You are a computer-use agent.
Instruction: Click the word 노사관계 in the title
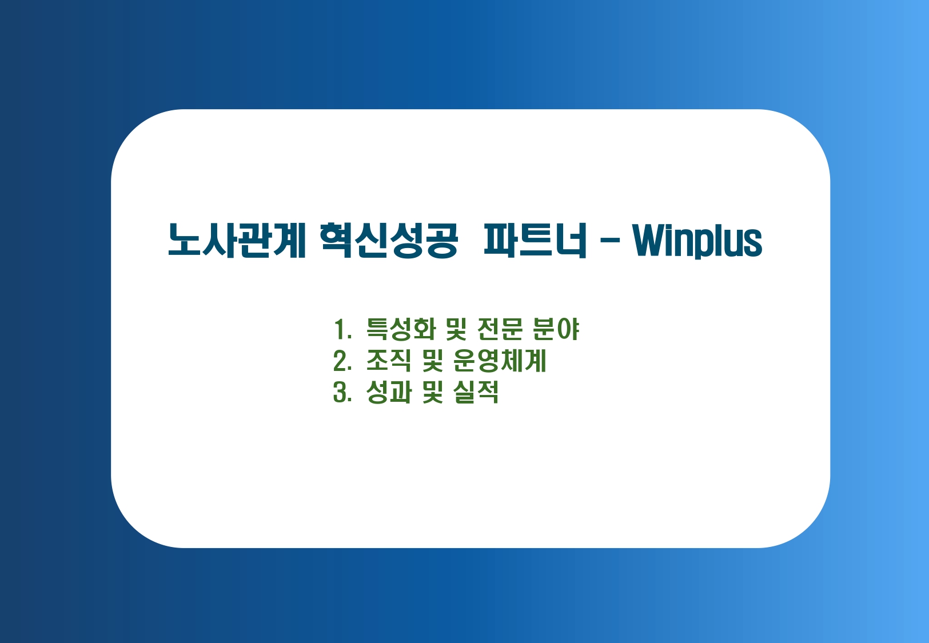point(237,241)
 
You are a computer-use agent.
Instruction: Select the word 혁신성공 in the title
point(389,241)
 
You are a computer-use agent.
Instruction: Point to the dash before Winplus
point(610,241)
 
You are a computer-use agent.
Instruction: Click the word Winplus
point(697,241)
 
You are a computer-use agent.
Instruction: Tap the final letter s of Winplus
point(753,245)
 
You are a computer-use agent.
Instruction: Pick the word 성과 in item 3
point(389,392)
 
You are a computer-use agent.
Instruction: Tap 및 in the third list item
point(433,392)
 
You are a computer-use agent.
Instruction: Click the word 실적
point(476,392)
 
